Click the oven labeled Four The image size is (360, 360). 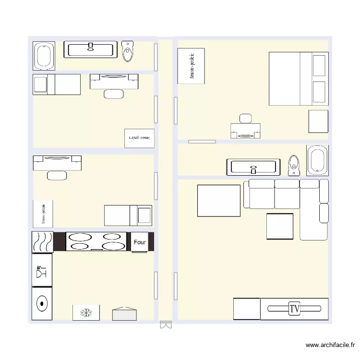click(140, 242)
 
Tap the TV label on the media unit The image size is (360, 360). click(294, 309)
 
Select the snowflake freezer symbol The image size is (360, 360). click(86, 313)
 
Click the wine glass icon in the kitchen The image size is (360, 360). click(42, 271)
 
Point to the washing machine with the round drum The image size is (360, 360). click(42, 303)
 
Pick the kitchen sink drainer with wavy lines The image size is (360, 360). click(42, 242)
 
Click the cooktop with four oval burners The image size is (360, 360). click(97, 241)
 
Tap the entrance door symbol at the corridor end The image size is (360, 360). click(165, 325)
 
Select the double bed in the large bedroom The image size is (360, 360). click(299, 79)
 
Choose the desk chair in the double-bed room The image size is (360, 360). click(245, 119)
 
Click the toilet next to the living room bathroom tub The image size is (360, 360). click(293, 164)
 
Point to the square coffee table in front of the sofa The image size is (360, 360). click(280, 226)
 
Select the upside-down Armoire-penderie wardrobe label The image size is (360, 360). click(139, 138)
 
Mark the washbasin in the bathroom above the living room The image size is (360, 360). click(253, 167)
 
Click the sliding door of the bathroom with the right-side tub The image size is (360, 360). click(202, 142)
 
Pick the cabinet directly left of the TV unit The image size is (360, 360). click(247, 309)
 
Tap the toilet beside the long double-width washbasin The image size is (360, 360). click(128, 51)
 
